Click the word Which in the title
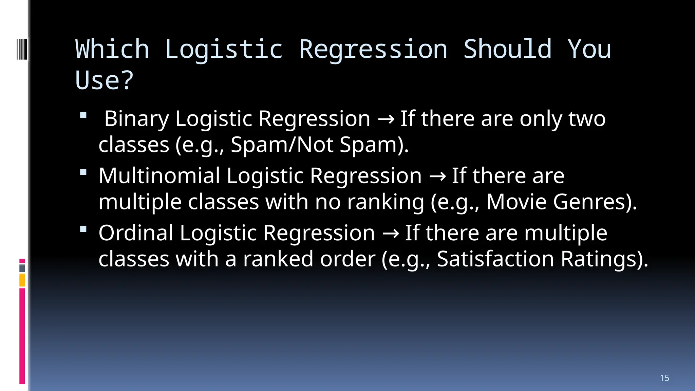112,49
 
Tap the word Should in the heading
507,49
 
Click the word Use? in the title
104,80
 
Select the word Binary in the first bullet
136,119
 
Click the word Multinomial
159,176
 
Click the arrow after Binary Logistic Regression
386,119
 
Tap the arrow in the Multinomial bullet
437,176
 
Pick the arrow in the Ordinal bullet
390,234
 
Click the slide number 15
664,378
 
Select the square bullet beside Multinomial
83,172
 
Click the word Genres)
595,202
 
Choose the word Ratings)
604,259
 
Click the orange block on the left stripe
22,280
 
